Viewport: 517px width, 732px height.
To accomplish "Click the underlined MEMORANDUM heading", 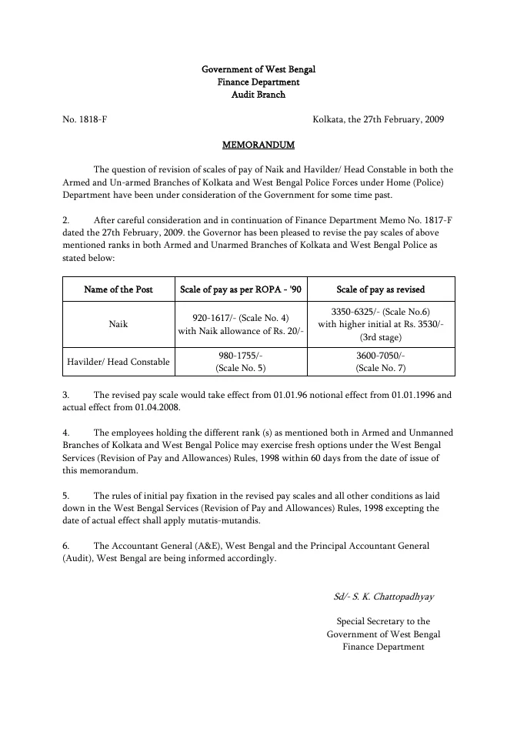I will click(258, 144).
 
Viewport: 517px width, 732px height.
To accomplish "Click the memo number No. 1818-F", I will click(89, 119).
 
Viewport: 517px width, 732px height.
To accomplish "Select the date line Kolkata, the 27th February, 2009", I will click(378, 119).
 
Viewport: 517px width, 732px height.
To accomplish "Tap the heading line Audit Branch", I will click(258, 95).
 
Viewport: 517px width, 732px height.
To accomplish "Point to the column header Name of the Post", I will click(118, 289).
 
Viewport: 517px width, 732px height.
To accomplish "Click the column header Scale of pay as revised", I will click(381, 289).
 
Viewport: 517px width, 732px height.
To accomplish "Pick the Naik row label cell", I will click(118, 324).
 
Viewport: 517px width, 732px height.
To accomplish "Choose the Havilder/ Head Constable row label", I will click(118, 362).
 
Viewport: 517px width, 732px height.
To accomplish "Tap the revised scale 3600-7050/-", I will click(381, 356).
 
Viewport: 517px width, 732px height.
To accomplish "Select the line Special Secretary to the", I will click(383, 621).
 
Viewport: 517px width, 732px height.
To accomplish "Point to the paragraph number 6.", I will click(66, 546).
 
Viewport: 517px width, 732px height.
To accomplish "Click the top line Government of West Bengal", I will click(258, 69).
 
